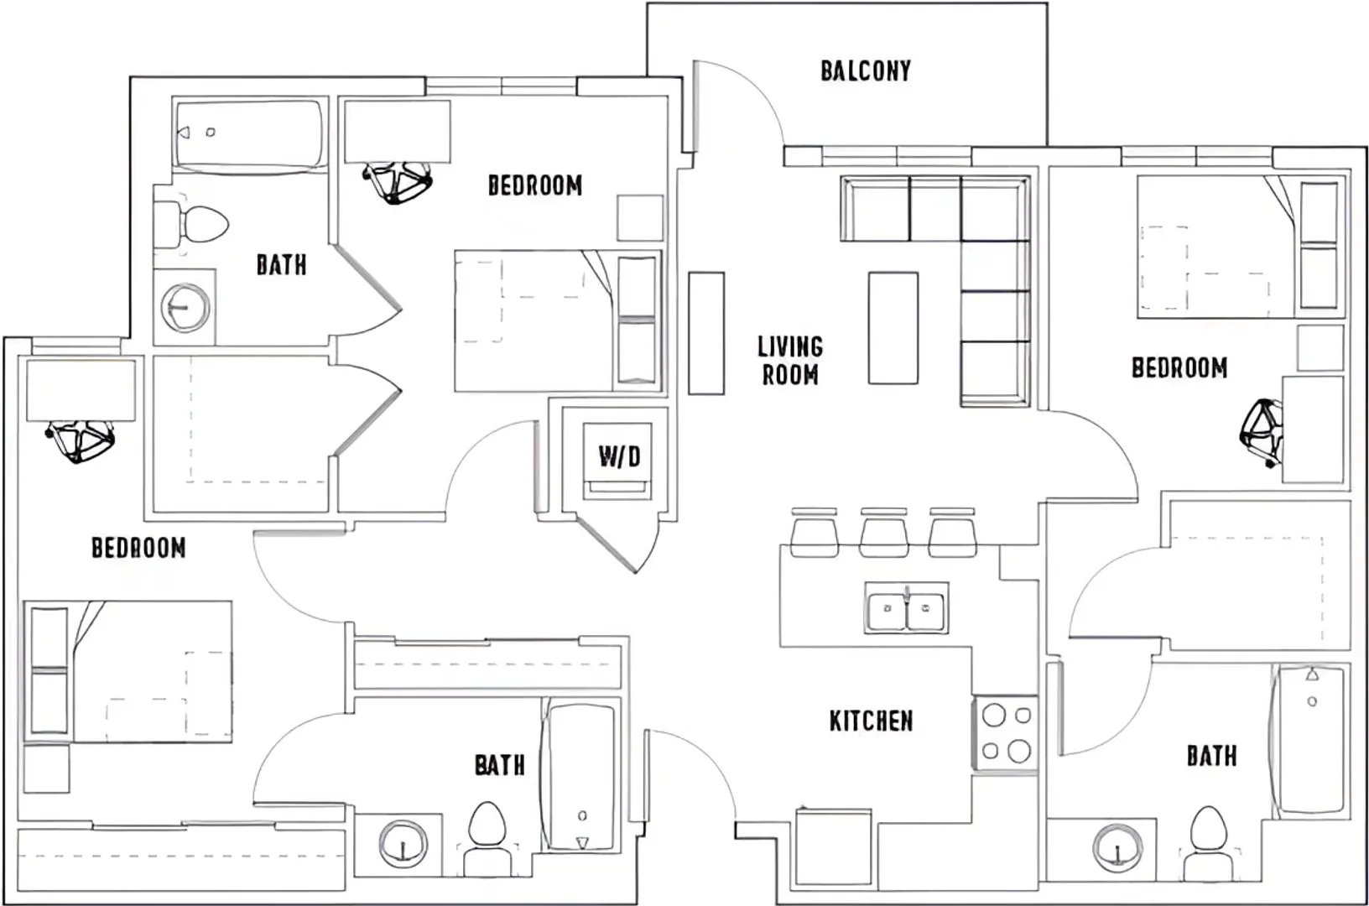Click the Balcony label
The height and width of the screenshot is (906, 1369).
coord(866,71)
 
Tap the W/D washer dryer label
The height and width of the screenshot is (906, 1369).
coord(619,456)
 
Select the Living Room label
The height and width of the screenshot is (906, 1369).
coord(790,361)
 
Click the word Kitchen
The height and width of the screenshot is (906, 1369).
coord(871,721)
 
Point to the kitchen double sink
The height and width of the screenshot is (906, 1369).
coord(906,608)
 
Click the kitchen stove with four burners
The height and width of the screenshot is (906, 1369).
coord(1005,732)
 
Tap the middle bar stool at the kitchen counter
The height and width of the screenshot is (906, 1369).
coord(883,533)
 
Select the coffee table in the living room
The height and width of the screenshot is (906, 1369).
coord(893,328)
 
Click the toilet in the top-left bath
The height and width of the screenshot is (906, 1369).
coord(191,224)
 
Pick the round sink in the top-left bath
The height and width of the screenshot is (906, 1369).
coord(185,307)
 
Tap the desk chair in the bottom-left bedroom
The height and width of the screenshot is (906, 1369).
coord(80,440)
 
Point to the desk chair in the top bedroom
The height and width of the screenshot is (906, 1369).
coord(398,182)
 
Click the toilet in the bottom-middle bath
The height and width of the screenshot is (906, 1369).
coord(487,840)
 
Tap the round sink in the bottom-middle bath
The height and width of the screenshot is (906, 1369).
coord(403,844)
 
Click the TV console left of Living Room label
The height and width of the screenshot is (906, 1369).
coord(706,333)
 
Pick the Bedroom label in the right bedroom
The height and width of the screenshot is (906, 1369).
coord(1179,367)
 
